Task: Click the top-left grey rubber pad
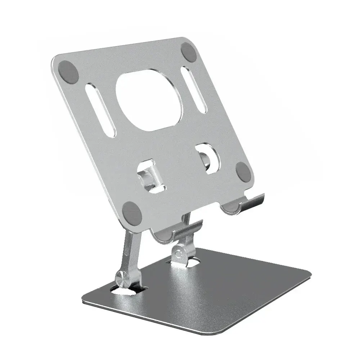point(68,71)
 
